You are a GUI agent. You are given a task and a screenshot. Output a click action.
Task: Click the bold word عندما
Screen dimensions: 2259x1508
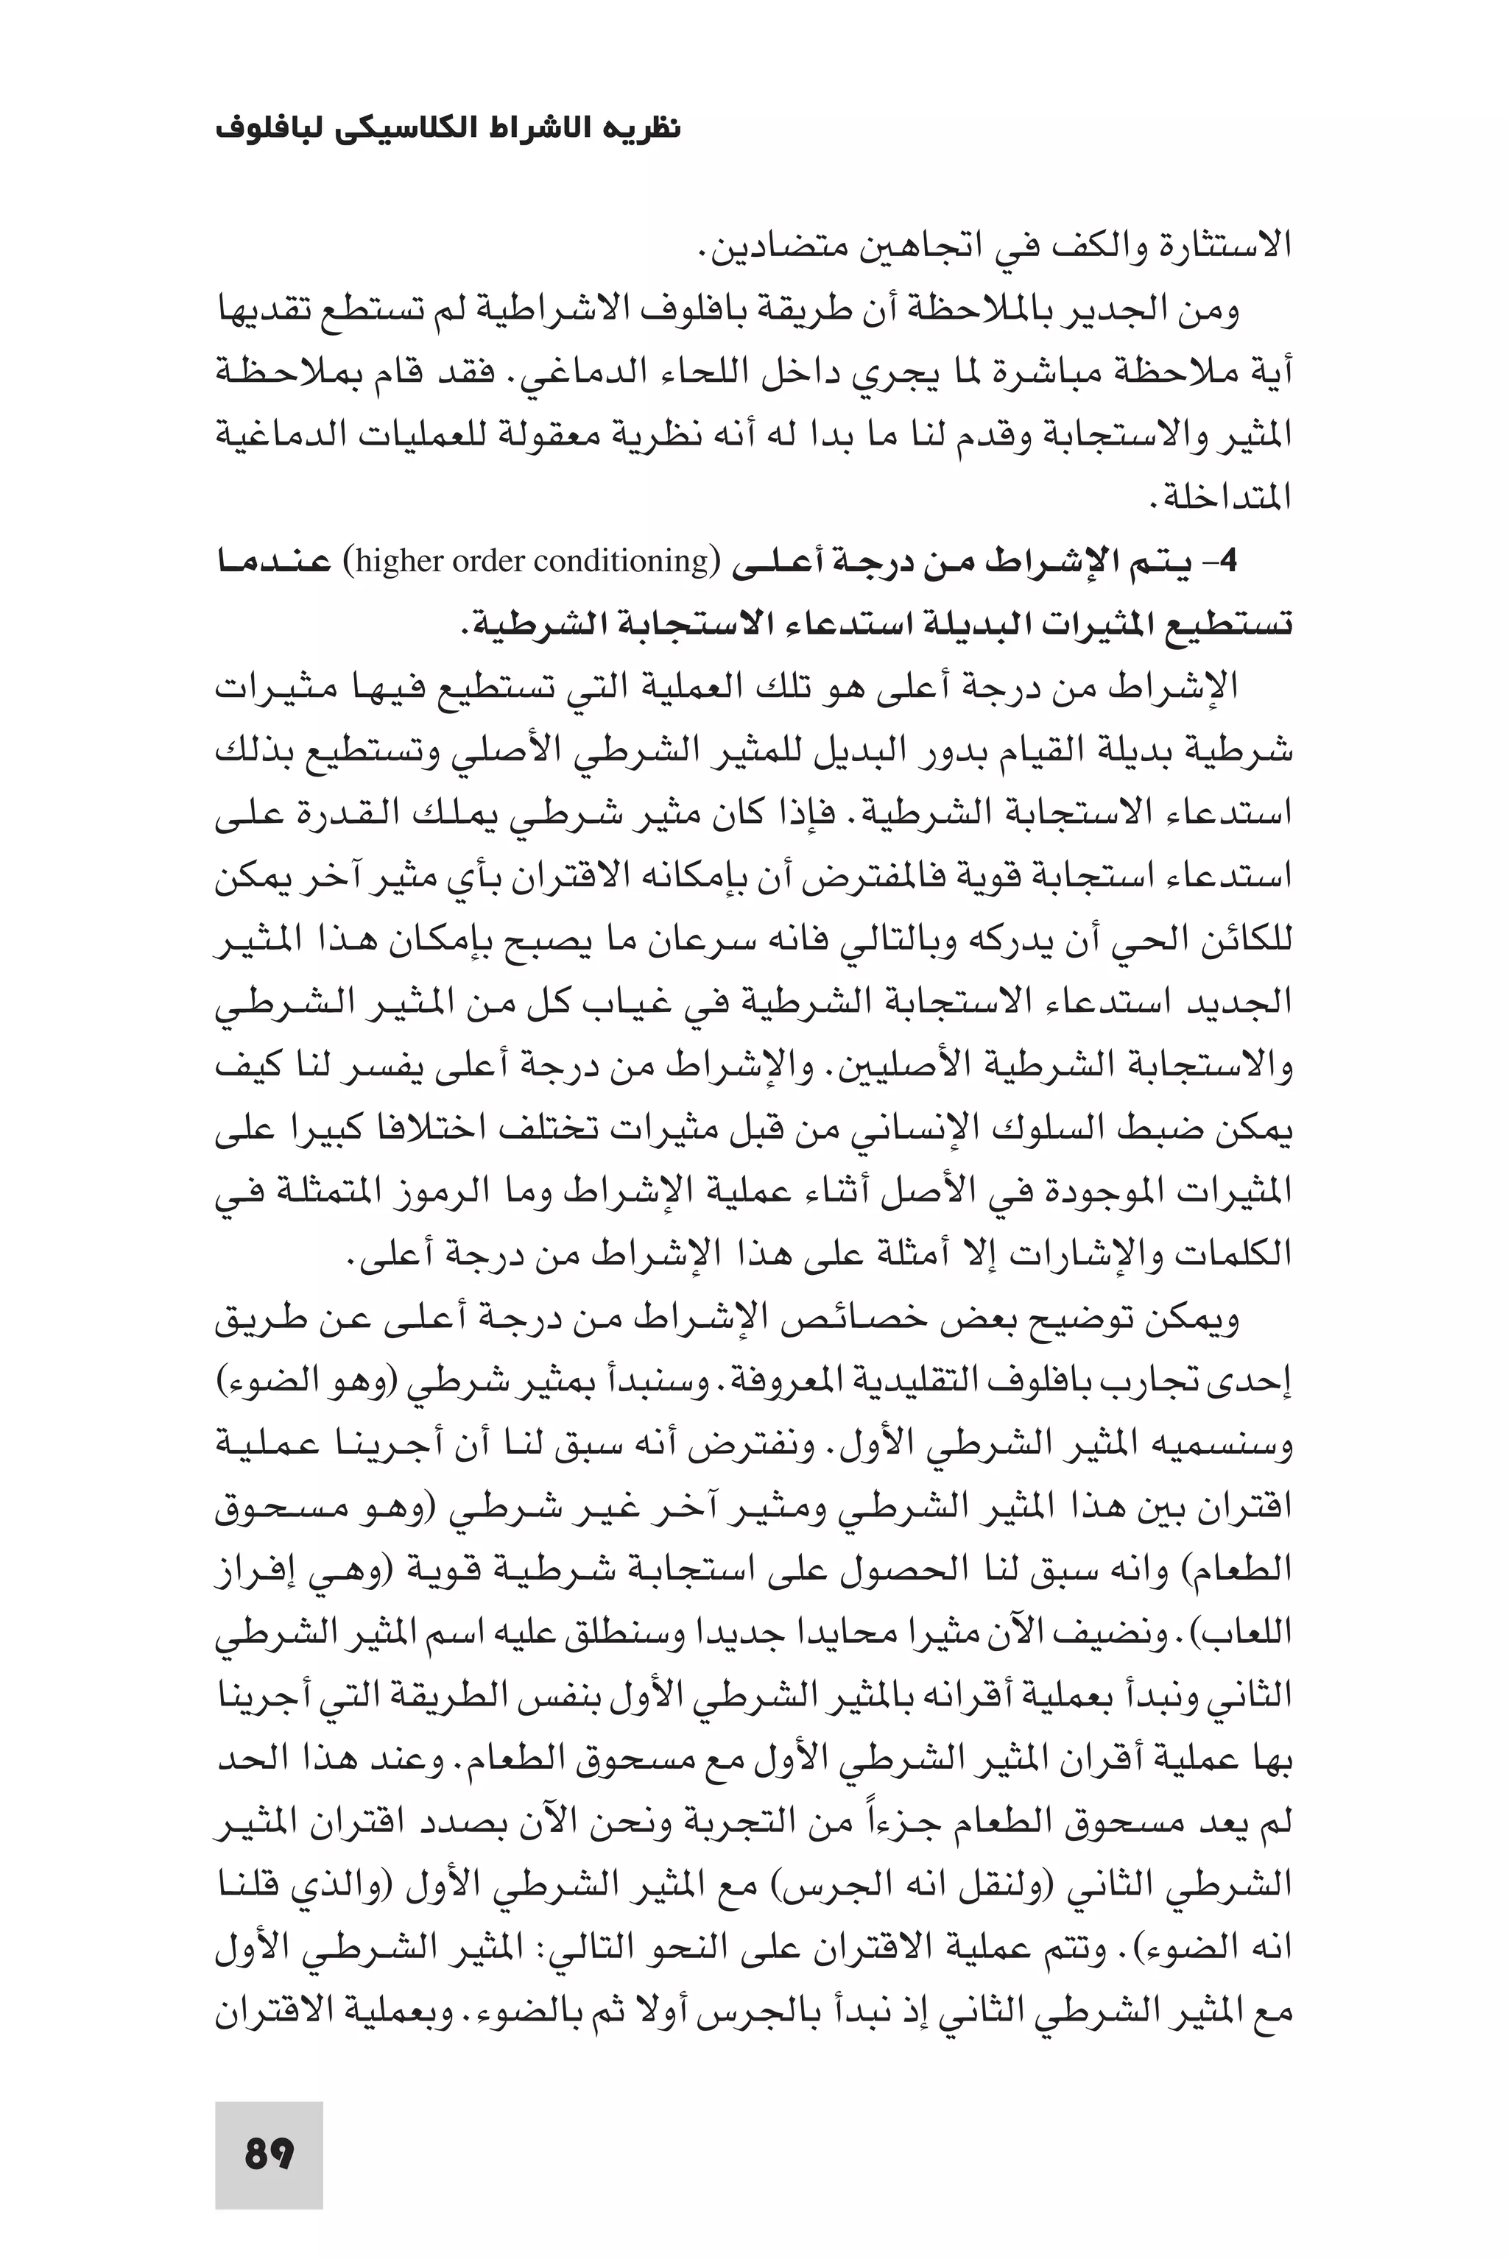click(x=273, y=562)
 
